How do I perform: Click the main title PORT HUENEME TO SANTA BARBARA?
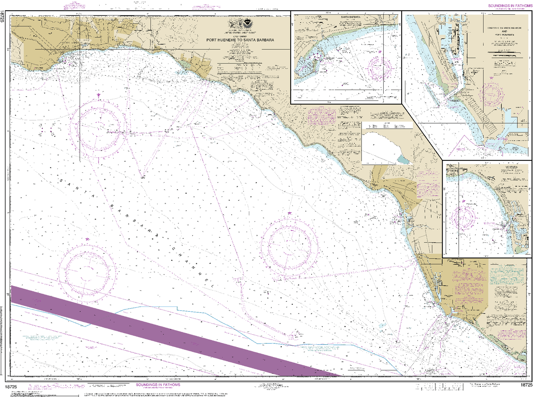(x=240, y=40)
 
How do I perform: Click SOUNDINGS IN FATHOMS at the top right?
(x=510, y=6)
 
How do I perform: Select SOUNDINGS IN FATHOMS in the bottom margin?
(x=158, y=384)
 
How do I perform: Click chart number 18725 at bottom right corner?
(x=526, y=385)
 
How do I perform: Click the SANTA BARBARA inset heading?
(x=350, y=17)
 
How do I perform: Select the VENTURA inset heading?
(x=511, y=167)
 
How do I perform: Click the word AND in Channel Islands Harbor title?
(x=504, y=31)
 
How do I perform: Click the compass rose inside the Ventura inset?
(x=464, y=217)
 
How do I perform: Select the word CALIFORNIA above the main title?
(x=240, y=36)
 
